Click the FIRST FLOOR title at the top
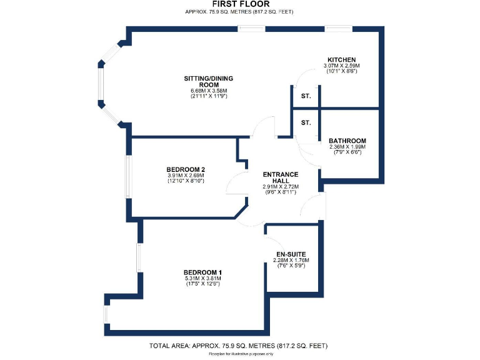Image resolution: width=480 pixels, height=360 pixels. pos(240,4)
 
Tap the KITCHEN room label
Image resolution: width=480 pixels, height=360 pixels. pos(341,59)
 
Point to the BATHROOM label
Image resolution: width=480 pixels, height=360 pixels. pos(347,141)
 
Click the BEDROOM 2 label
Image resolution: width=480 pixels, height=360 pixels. pos(186,169)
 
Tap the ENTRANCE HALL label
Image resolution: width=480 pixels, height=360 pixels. pos(280,177)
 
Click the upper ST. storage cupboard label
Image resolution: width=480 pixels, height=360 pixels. pos(306,96)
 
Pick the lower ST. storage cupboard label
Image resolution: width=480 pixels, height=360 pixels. pos(306,123)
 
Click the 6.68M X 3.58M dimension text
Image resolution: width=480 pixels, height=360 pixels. pos(204,91)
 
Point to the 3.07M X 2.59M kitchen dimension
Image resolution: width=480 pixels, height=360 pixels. pos(341,66)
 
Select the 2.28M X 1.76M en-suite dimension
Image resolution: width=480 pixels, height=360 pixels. pos(292,260)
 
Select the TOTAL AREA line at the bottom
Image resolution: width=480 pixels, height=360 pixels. pos(238,346)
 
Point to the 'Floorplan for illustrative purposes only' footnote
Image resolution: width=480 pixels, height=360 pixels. pos(241,354)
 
